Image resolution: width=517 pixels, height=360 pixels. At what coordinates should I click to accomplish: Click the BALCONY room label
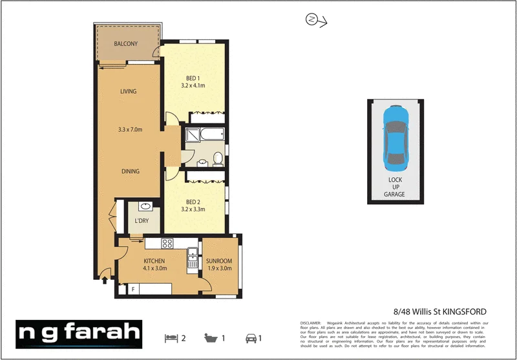pos(126,44)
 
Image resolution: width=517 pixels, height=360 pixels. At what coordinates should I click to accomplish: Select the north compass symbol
pos(311,20)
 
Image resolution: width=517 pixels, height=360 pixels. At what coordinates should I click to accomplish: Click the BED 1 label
pos(193,78)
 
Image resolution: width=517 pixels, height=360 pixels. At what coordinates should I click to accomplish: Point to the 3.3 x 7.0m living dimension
pos(130,130)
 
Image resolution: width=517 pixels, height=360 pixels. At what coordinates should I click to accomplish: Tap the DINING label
pos(130,171)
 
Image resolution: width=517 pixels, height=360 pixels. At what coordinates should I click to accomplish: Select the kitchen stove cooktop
pos(167,244)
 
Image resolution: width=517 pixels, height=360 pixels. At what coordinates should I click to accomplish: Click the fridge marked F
pos(133,290)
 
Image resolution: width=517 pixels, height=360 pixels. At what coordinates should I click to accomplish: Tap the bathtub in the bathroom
pos(204,135)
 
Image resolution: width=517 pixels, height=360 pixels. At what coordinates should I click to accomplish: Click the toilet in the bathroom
pos(218,158)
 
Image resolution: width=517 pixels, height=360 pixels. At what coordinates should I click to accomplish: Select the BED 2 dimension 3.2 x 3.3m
pos(192,209)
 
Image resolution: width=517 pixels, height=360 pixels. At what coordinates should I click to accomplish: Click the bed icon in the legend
pos(171,337)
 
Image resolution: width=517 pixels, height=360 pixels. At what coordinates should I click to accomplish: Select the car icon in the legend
pos(249,337)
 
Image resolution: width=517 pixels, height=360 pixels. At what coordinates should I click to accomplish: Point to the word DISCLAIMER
pos(311,323)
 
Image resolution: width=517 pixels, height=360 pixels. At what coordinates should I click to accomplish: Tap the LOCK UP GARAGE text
pos(394,187)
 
